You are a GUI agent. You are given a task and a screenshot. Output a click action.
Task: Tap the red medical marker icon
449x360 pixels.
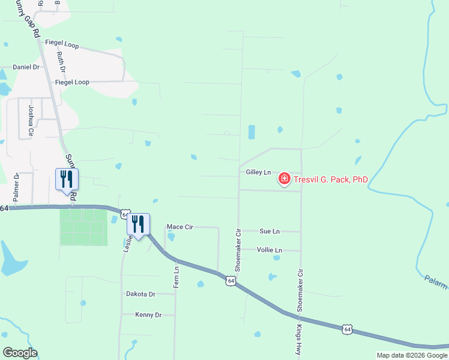pyautogui.click(x=283, y=179)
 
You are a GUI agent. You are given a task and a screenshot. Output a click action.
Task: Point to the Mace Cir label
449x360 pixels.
pyautogui.click(x=179, y=227)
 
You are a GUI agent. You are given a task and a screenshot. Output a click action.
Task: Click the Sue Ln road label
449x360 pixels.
pyautogui.click(x=269, y=231)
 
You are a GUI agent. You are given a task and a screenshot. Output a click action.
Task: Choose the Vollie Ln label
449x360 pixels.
pyautogui.click(x=269, y=250)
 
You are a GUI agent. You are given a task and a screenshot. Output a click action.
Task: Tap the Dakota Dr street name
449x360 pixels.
pyautogui.click(x=140, y=294)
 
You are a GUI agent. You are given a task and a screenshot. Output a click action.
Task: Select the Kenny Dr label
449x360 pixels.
pyautogui.click(x=148, y=314)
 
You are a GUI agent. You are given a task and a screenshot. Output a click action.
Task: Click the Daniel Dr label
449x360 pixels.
pyautogui.click(x=26, y=67)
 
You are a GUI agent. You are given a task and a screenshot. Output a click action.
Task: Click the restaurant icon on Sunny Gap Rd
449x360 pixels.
pyautogui.click(x=67, y=179)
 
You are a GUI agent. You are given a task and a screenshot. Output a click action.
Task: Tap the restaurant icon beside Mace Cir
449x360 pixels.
pyautogui.click(x=139, y=224)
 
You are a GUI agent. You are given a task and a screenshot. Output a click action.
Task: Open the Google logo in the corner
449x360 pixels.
pyautogui.click(x=20, y=353)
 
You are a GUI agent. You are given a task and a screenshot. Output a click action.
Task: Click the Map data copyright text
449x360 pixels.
pyautogui.click(x=411, y=355)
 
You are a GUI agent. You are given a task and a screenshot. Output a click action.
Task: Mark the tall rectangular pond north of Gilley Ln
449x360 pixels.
pyautogui.click(x=252, y=132)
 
